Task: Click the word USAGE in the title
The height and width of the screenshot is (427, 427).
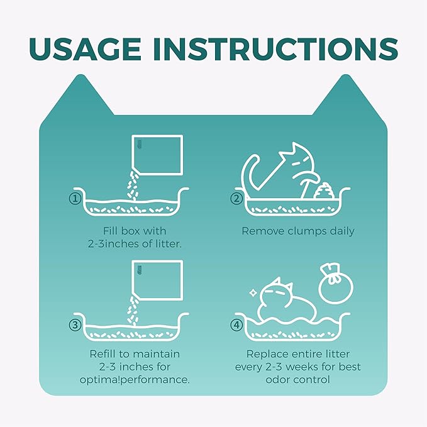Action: [x=85, y=49]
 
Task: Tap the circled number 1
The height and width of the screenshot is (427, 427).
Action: [x=75, y=199]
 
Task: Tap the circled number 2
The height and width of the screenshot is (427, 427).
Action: [x=236, y=199]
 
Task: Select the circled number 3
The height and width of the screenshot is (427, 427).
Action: [x=75, y=325]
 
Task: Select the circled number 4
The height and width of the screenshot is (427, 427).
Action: [x=236, y=325]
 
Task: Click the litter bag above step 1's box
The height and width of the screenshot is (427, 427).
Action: [x=157, y=155]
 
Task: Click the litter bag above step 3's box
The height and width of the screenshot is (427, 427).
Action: [x=157, y=280]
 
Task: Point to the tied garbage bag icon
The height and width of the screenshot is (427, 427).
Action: [x=336, y=282]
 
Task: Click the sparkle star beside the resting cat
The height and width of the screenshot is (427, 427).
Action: [x=253, y=293]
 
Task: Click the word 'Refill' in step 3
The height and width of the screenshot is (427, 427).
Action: [x=104, y=354]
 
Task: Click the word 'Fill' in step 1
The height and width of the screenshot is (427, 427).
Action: [x=110, y=231]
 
